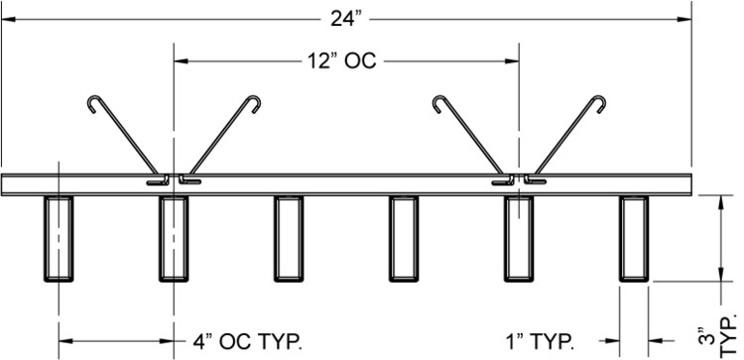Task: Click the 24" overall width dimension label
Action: coord(346,20)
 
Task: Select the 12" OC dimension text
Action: coord(339,61)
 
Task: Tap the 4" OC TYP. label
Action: coord(247,341)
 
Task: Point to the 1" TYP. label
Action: coord(541,341)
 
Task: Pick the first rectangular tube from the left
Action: coord(59,239)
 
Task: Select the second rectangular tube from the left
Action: coord(174,239)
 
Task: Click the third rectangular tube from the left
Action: coord(289,239)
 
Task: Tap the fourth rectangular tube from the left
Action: coord(404,239)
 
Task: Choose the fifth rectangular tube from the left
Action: coord(519,239)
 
